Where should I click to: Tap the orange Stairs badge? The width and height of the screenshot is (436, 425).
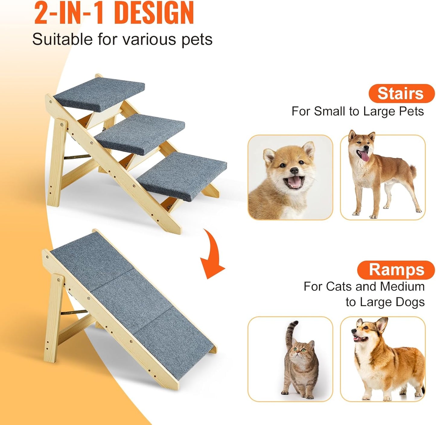[401, 93]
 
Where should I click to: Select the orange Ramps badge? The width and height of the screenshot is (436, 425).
[396, 270]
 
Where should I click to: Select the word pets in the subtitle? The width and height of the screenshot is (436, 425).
[197, 40]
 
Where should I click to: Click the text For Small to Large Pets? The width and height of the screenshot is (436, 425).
[357, 111]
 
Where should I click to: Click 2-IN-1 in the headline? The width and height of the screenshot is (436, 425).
[69, 13]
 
